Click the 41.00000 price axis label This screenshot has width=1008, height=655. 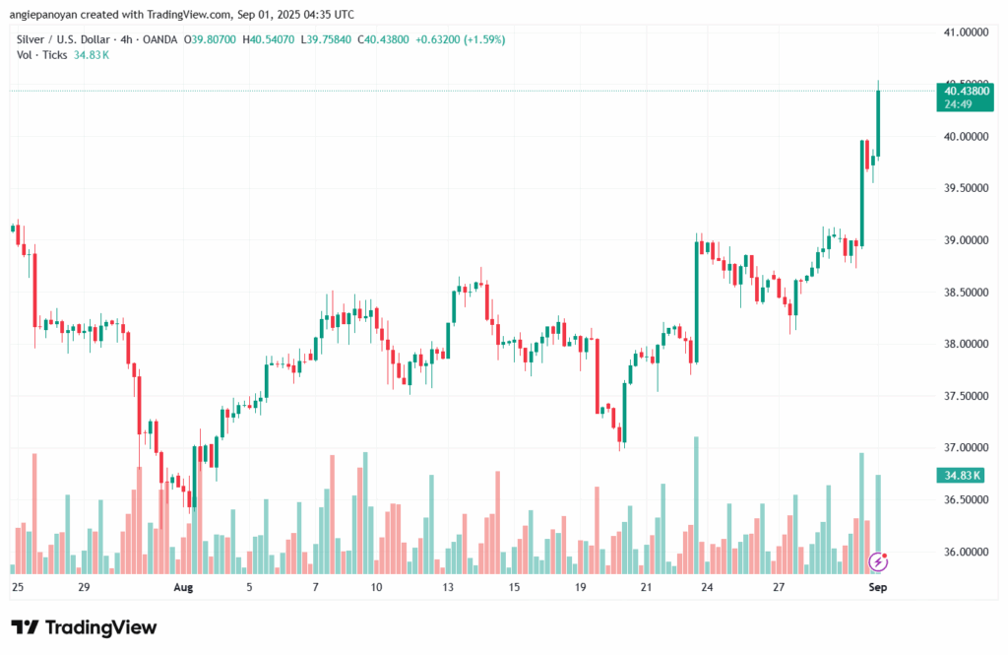point(966,33)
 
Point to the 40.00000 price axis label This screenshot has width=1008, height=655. point(966,136)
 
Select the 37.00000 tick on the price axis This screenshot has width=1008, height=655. point(966,448)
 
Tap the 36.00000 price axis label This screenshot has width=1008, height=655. point(966,552)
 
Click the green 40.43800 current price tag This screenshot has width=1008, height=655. point(965,98)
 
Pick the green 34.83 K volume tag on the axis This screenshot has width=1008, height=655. point(961,476)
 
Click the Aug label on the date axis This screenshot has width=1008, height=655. point(183,587)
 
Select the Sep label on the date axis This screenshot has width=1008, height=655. point(877,587)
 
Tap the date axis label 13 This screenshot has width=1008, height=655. point(448,587)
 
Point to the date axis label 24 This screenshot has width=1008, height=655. point(707,587)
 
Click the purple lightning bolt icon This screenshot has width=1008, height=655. point(878,561)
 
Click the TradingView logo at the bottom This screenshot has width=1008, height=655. point(85,627)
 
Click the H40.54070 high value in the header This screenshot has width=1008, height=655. point(268,40)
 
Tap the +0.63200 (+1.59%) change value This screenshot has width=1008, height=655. point(461,40)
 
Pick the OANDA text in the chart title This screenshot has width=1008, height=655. point(160,40)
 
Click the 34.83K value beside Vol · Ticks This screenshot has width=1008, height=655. point(92,55)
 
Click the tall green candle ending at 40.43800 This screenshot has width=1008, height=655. point(878,123)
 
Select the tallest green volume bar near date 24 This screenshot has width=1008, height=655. point(696,505)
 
